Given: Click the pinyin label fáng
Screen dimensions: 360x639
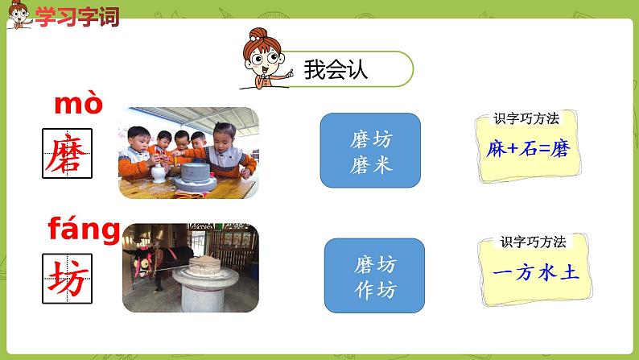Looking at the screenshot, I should coord(84,231).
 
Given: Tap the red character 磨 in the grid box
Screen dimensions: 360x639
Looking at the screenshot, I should coord(67,153).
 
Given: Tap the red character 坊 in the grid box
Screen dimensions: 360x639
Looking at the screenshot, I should coord(67,277).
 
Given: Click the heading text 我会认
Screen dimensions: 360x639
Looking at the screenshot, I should coord(336,69).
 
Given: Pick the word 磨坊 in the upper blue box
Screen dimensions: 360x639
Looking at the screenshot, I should coord(370,139).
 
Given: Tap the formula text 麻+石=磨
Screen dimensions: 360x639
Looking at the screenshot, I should coord(528,149).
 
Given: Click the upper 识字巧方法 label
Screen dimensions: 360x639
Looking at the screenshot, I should coord(526,119).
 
